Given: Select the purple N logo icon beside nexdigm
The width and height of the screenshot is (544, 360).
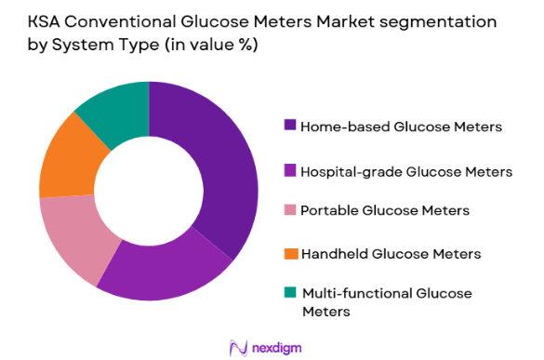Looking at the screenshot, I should click(236, 347).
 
